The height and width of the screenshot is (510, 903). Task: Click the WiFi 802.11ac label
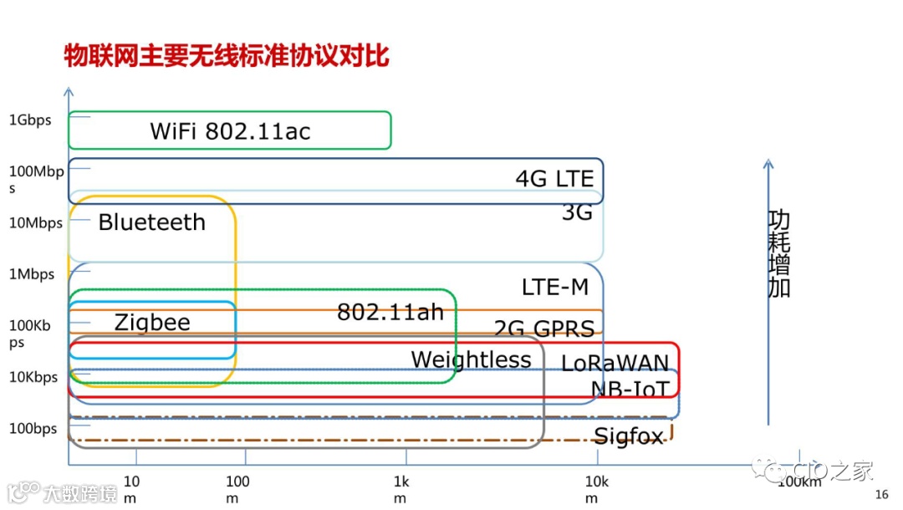coord(230,131)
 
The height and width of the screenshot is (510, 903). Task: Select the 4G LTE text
coord(554,179)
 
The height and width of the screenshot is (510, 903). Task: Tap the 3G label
coord(577,212)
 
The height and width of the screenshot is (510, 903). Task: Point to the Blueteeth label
coord(151,222)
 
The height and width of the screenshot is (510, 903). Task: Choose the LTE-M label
coord(555,288)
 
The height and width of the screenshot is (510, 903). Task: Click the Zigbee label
coord(152,323)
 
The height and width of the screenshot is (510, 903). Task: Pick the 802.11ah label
coord(390,312)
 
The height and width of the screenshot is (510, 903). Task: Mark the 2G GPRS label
coord(544,329)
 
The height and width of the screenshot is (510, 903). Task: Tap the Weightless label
coord(471,360)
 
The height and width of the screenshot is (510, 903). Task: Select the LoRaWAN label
coord(615,363)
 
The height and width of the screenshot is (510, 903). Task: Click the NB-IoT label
coord(630,389)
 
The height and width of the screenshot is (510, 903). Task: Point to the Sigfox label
coord(628,436)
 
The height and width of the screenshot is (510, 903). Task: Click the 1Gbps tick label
coord(30,120)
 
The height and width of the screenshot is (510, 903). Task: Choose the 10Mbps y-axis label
coord(36,223)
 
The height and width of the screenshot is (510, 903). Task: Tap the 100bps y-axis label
coord(33,429)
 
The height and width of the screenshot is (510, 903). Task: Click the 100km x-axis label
coord(799,482)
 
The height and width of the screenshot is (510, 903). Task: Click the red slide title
coord(227,56)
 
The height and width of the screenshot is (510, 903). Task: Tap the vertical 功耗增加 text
coord(778,254)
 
